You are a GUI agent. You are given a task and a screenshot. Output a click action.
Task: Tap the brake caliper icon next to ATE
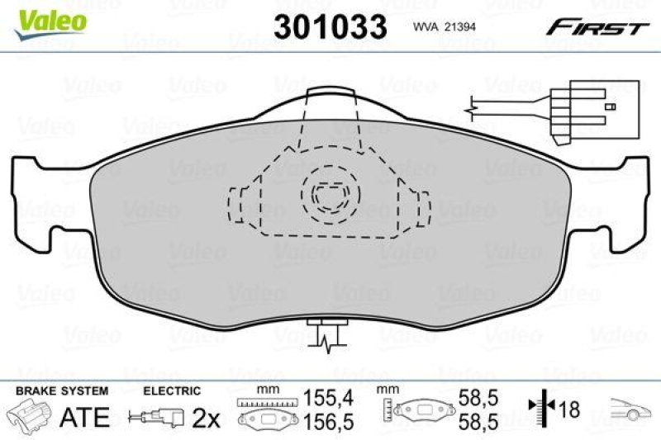coord(31,415)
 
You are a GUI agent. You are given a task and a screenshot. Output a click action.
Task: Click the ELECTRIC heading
coord(173,390)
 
